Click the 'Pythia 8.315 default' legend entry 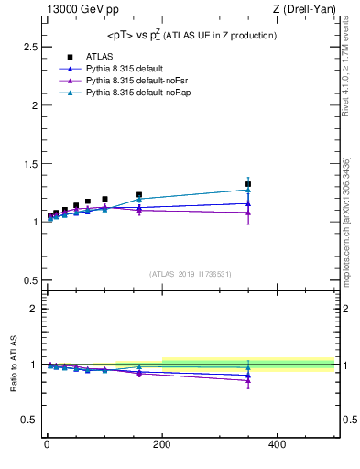(125, 69)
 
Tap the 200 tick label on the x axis (161, 444)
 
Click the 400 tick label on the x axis (277, 444)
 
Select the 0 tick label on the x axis (47, 444)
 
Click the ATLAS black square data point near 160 (139, 195)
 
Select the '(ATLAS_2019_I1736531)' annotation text (190, 274)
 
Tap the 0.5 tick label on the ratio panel (27, 420)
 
